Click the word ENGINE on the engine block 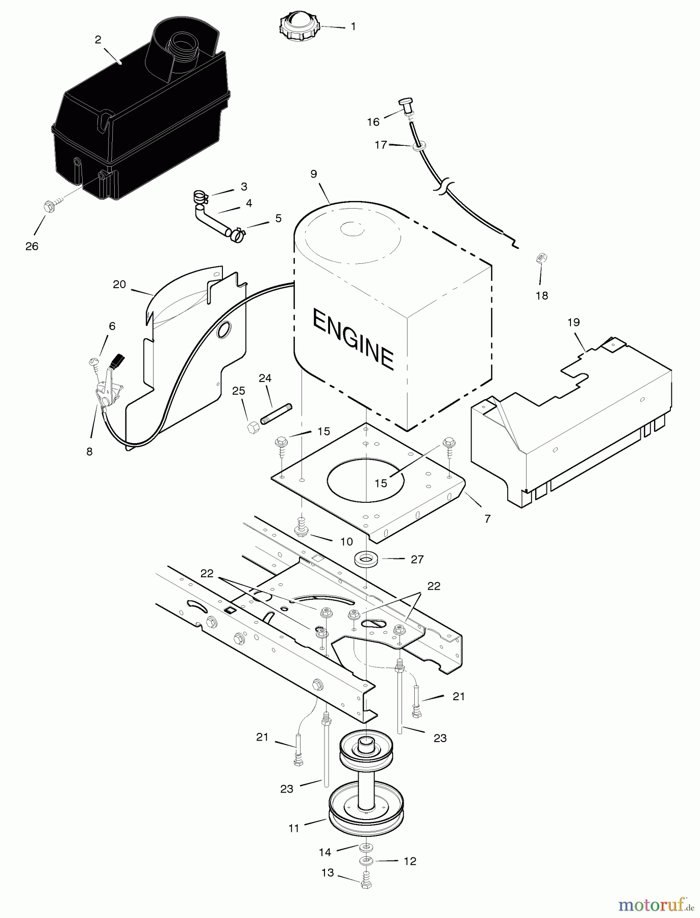tap(353, 339)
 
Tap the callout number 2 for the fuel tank tap(98, 40)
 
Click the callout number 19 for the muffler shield tap(573, 322)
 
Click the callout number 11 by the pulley tap(293, 829)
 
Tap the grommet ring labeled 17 tap(417, 147)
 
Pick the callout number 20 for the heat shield tap(119, 285)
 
